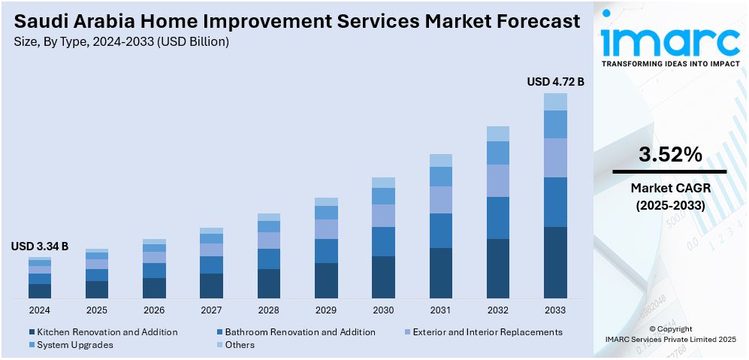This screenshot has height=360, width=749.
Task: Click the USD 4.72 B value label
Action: click(555, 81)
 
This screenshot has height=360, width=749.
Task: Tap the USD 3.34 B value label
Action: click(40, 246)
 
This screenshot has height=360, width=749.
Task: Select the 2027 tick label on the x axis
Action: click(211, 310)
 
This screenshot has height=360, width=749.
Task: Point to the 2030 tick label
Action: click(383, 310)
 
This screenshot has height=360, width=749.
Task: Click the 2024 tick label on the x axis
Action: click(40, 310)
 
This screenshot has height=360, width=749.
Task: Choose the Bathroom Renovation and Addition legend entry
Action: click(300, 331)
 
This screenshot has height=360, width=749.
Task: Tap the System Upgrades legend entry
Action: click(74, 345)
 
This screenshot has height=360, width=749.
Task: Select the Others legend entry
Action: click(240, 345)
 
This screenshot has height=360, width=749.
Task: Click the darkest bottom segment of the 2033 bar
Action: click(555, 262)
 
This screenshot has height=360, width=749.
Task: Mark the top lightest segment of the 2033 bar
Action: click(555, 101)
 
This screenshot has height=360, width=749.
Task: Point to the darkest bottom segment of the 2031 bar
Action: click(441, 273)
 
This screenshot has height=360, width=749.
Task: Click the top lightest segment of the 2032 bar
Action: click(498, 134)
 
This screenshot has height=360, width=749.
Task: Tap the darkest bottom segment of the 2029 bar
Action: click(326, 280)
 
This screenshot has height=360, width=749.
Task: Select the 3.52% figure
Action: click(670, 155)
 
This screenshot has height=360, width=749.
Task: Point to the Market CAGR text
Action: click(670, 187)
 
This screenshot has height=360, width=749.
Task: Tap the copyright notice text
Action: click(670, 334)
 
